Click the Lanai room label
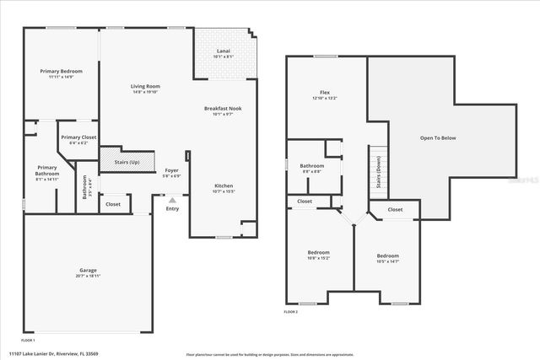(x=223, y=51)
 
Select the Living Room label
(x=145, y=86)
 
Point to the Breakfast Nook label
(x=223, y=108)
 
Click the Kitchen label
(x=223, y=185)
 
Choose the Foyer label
(x=171, y=170)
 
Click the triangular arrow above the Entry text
(x=172, y=200)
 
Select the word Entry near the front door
(x=172, y=208)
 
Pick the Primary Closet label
(x=78, y=137)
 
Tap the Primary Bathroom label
(x=46, y=169)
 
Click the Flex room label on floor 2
(x=324, y=92)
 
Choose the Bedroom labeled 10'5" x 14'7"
(x=387, y=255)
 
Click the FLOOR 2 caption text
(x=292, y=312)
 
